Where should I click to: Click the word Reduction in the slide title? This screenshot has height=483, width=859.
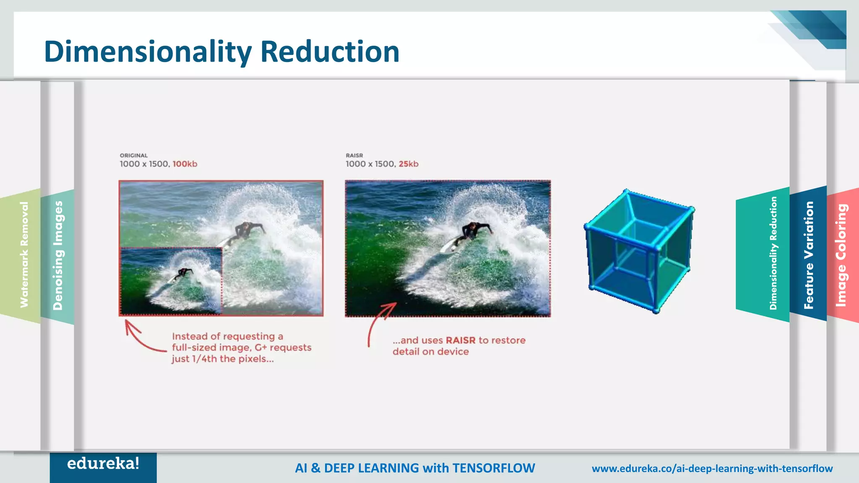coord(330,52)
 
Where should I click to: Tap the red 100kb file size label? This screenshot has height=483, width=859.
coord(185,164)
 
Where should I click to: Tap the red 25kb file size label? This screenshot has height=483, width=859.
coord(409,164)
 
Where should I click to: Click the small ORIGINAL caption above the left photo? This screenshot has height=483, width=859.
coord(134,156)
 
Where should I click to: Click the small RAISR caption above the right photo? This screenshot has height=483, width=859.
coord(354,156)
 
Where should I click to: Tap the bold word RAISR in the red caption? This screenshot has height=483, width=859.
coord(461,340)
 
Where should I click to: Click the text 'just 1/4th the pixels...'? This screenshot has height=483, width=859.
coord(222,359)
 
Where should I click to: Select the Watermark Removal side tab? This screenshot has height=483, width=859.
coord(24,255)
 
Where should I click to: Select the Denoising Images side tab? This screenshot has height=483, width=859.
coord(58,256)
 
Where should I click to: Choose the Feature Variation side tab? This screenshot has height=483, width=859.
coord(808,255)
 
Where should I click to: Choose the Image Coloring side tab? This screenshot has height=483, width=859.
coord(841,255)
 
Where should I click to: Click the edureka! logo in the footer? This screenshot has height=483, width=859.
coord(103,464)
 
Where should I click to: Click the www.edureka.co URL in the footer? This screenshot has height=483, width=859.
coord(712,468)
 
